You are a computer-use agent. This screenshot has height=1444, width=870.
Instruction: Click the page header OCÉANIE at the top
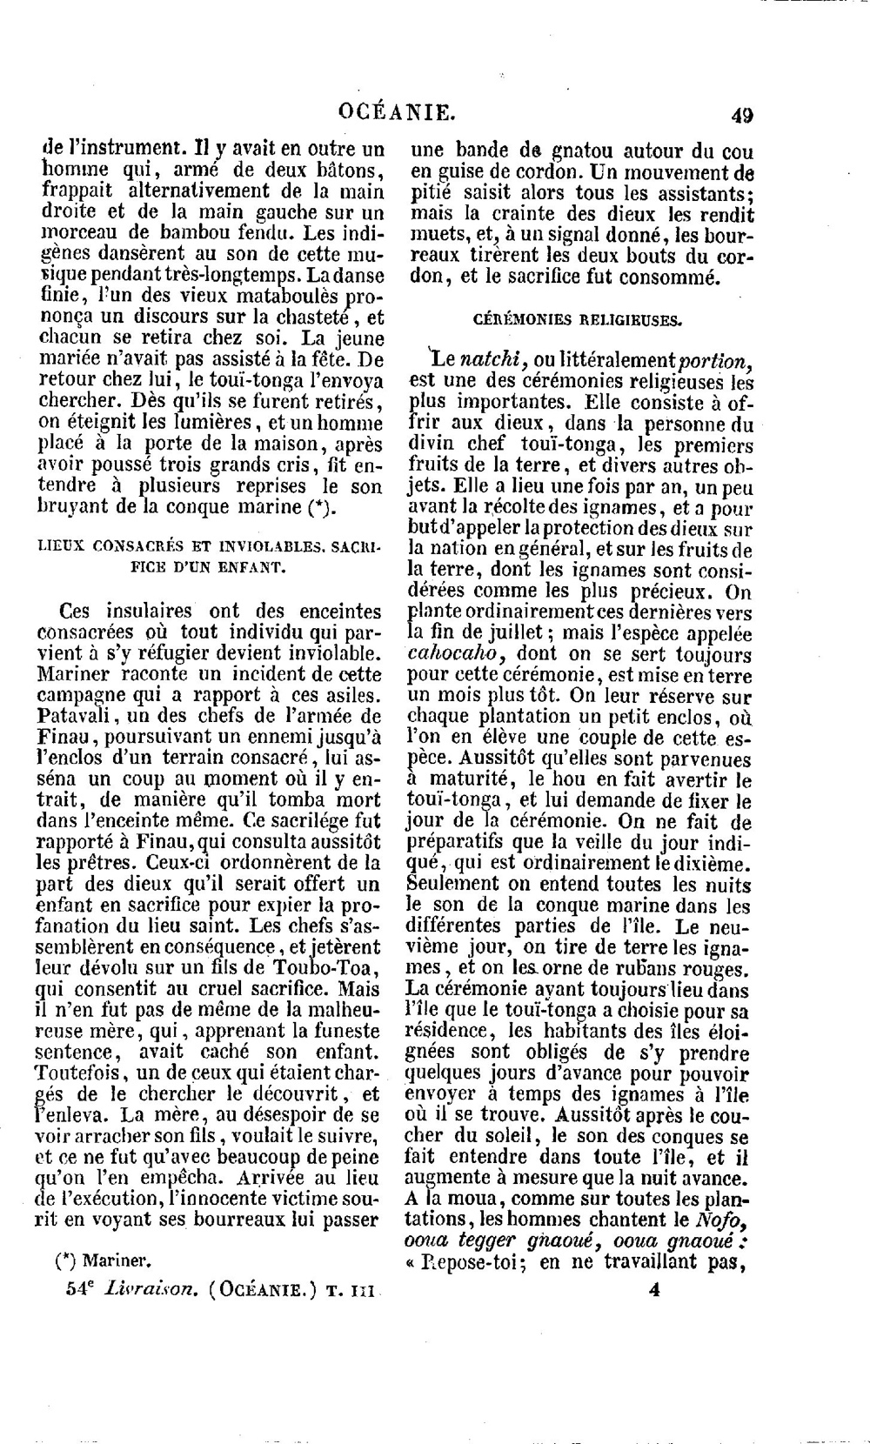tap(397, 112)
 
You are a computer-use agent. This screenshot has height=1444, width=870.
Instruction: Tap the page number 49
tap(743, 115)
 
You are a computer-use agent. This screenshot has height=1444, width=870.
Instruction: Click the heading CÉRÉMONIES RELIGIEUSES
tap(578, 319)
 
